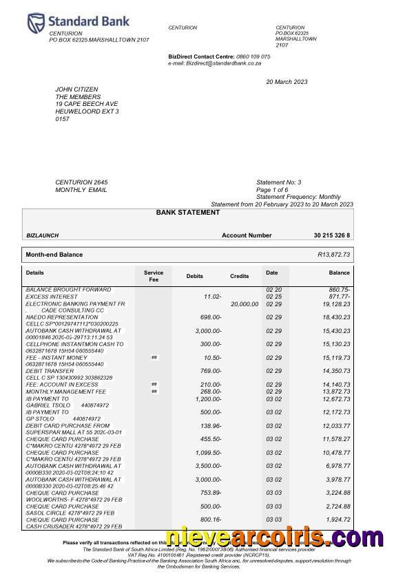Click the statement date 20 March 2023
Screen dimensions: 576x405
coord(287,83)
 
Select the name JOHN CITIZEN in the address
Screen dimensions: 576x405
coord(76,89)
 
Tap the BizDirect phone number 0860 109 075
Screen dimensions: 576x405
coord(253,56)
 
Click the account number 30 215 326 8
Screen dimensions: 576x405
coord(331,235)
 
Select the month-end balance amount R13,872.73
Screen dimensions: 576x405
coord(333,255)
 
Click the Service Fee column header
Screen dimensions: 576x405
coord(154,276)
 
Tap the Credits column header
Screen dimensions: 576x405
coord(239,276)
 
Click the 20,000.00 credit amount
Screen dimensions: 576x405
coord(245,303)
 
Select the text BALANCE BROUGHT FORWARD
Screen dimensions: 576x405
coord(68,290)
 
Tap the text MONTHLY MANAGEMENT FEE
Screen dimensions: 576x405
coord(66,391)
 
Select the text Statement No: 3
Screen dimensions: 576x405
coord(279,182)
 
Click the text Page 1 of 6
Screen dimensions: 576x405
coord(272,190)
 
